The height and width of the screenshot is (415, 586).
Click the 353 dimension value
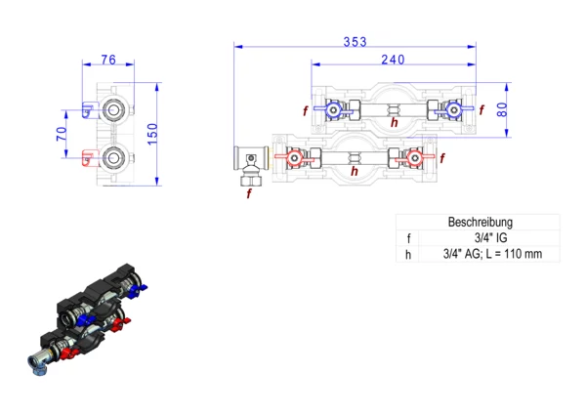tap(356, 42)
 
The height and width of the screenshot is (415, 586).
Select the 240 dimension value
tap(393, 60)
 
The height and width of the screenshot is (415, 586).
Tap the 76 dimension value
tap(108, 60)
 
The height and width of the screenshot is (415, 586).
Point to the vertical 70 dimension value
tap(62, 134)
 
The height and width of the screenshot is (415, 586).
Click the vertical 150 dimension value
tap(152, 134)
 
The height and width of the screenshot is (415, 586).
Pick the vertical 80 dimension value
tap(502, 109)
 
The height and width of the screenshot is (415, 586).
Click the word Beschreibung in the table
tap(481, 222)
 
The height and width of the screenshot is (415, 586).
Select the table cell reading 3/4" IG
tap(490, 237)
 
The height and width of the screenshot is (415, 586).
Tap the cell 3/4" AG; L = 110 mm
tap(492, 254)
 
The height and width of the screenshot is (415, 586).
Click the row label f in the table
tap(408, 238)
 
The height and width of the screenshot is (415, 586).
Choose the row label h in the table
tap(408, 255)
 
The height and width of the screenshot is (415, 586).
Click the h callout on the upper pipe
tap(395, 122)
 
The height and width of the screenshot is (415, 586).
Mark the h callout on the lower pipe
tap(355, 171)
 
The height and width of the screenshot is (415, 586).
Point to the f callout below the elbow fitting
tap(249, 193)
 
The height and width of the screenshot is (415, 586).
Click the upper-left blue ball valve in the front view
tap(333, 109)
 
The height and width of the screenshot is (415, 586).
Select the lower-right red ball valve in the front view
tap(414, 158)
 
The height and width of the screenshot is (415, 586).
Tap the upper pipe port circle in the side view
tap(113, 109)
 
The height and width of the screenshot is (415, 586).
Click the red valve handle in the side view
tap(88, 158)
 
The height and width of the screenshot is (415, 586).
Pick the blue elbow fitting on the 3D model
tap(38, 364)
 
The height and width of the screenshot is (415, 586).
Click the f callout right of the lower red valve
tap(442, 158)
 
